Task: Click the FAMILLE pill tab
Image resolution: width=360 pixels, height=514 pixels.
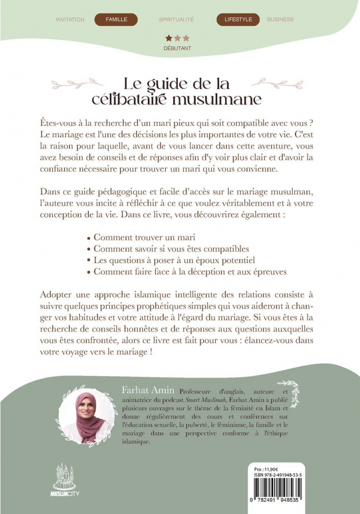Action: pos(116,20)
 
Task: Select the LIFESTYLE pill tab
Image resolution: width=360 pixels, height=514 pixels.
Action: pos(238,20)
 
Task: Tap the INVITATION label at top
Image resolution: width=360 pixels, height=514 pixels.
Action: pos(70,20)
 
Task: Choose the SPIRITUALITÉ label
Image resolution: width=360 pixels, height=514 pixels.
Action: pos(176,20)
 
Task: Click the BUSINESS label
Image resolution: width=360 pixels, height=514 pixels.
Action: pos(280,20)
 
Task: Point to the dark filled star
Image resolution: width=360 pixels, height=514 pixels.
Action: pos(169,39)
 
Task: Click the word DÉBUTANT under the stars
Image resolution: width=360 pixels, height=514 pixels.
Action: pos(177,48)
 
